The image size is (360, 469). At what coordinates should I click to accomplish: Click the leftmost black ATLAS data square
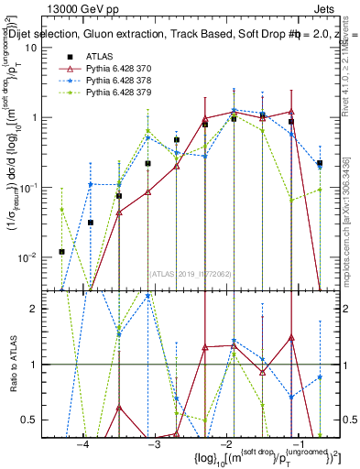(x=61, y=251)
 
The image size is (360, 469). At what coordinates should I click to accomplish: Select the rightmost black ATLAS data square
(x=320, y=163)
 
